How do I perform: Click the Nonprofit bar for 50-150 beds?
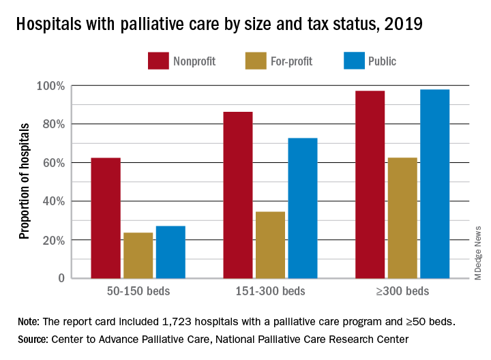pos(106,218)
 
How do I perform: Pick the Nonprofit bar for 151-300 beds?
pos(238,195)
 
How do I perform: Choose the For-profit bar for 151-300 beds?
pos(270,245)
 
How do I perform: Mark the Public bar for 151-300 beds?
pos(303,208)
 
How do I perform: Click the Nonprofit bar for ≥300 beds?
pos(370,184)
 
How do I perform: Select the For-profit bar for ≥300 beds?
pos(402,218)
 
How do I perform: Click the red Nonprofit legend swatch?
pos(158,60)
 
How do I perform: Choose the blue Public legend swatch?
pos(353,60)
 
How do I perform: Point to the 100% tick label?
pos(50,86)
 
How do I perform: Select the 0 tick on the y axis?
pos(61,278)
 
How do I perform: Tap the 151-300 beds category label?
pos(270,292)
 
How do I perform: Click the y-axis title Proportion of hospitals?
pos(25,181)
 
